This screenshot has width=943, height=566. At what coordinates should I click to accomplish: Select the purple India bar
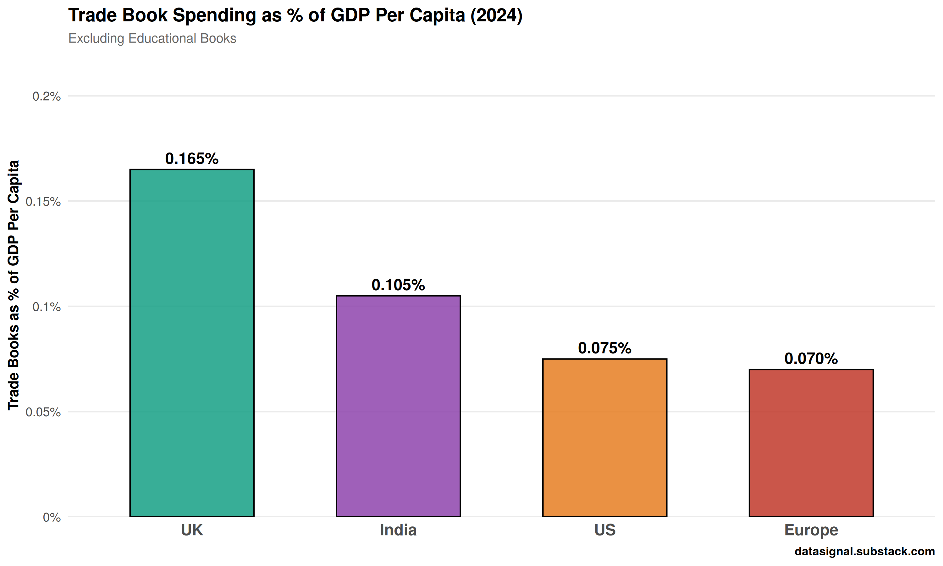398,406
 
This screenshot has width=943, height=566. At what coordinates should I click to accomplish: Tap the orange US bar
604,437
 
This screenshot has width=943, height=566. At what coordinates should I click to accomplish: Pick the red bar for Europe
811,443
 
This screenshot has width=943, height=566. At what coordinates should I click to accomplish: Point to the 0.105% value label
398,285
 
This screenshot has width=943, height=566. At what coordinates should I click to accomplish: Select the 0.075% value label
604,348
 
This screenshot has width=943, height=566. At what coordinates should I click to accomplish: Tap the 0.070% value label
811,358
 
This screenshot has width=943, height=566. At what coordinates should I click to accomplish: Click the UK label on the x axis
192,530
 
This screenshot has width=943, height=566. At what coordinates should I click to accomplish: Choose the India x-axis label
398,530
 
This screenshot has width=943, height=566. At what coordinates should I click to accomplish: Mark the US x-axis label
604,530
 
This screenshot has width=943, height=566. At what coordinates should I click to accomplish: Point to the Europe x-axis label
811,530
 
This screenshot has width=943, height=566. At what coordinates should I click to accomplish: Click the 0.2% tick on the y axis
47,96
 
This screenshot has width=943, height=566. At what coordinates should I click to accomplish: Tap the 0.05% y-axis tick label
43,412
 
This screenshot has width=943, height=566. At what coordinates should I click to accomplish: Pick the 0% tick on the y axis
52,517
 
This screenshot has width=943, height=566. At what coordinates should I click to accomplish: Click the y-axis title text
14,285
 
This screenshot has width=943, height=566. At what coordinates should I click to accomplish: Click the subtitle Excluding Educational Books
152,39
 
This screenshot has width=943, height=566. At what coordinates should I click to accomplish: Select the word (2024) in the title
496,16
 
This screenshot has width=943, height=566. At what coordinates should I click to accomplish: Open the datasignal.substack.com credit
864,551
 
